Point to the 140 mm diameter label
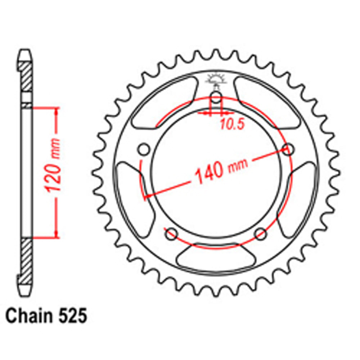(x=221, y=170)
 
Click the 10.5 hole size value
(x=232, y=124)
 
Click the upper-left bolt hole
(x=144, y=149)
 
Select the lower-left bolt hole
(x=171, y=234)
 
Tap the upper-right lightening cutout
(x=266, y=103)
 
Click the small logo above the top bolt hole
(x=215, y=80)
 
